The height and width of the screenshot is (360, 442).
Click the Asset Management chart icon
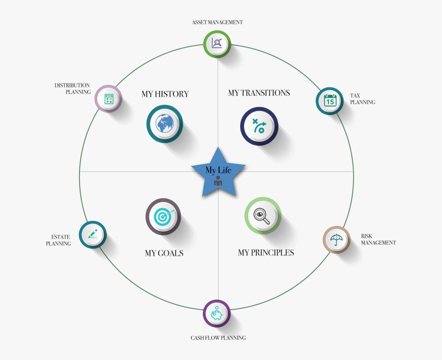pyautogui.click(x=217, y=43)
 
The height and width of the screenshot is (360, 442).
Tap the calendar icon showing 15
pyautogui.click(x=330, y=100)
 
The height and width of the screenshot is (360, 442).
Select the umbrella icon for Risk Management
pyautogui.click(x=336, y=240)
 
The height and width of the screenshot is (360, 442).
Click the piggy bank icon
pyautogui.click(x=217, y=313)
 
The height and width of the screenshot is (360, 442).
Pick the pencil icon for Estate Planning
pyautogui.click(x=93, y=234)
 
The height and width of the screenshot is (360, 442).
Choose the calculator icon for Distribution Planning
pyautogui.click(x=109, y=99)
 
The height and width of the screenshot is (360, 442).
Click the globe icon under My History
pyautogui.click(x=165, y=123)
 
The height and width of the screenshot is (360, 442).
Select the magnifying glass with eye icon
pyautogui.click(x=262, y=216)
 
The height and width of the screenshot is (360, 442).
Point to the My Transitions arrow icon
pyautogui.click(x=259, y=126)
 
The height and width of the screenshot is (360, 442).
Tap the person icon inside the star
pyautogui.click(x=218, y=181)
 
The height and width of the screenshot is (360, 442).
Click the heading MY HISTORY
pyautogui.click(x=165, y=94)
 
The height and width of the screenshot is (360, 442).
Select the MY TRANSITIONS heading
pyautogui.click(x=259, y=93)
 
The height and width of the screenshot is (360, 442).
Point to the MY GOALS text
pyautogui.click(x=165, y=253)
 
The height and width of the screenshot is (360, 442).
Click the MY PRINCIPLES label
pyautogui.click(x=266, y=252)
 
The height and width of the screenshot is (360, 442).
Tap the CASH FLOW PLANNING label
pyautogui.click(x=218, y=338)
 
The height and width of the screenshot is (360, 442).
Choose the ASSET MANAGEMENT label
pyautogui.click(x=218, y=22)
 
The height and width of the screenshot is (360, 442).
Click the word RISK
pyautogui.click(x=366, y=236)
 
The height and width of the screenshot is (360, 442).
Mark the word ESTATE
pyautogui.click(x=60, y=237)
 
